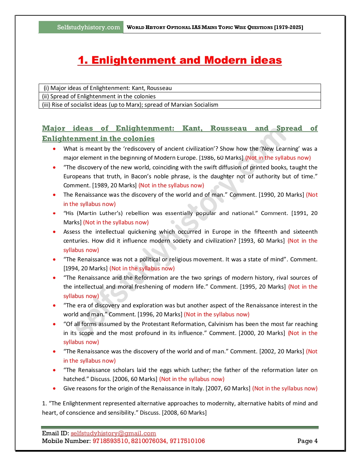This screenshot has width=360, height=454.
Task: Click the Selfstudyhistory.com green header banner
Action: pos(81,27)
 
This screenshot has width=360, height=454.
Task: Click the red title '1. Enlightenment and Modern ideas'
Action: pos(179,60)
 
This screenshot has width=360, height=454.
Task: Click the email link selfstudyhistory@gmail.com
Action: pos(113,433)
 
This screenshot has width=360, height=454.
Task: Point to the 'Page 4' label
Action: pos(307,441)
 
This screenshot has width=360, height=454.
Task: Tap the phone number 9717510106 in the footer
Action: pos(187,441)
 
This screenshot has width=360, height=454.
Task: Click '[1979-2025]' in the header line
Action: pos(289,27)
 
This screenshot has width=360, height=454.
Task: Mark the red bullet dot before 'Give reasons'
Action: pos(54,388)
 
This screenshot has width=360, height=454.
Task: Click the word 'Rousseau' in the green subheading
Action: pos(229,128)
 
